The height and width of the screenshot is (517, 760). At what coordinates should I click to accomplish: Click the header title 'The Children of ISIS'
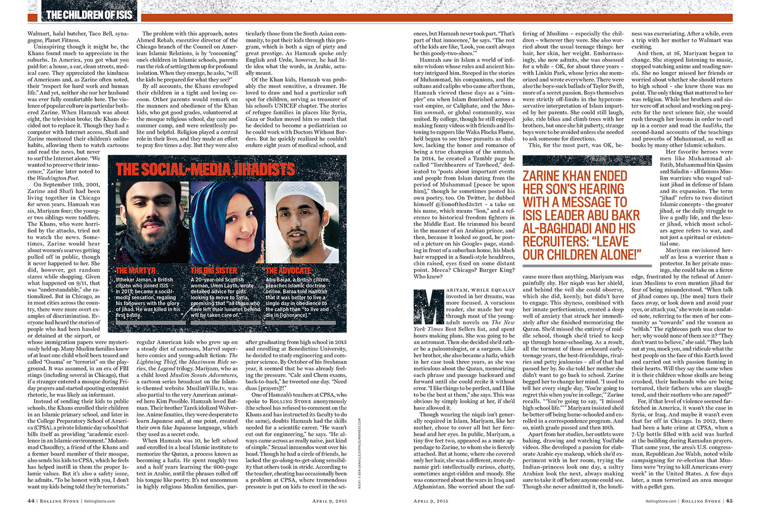[90, 15]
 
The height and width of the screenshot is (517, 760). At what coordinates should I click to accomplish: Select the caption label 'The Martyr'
[135, 271]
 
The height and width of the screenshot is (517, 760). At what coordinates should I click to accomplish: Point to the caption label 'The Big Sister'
[214, 271]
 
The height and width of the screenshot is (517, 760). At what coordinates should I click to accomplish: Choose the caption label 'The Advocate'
[288, 271]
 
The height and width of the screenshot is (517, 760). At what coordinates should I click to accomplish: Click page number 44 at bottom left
[31, 501]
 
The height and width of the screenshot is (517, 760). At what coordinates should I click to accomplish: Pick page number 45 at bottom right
[729, 501]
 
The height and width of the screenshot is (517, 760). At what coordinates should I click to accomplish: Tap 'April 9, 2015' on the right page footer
[431, 501]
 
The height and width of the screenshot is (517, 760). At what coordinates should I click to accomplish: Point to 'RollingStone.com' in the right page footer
[661, 501]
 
